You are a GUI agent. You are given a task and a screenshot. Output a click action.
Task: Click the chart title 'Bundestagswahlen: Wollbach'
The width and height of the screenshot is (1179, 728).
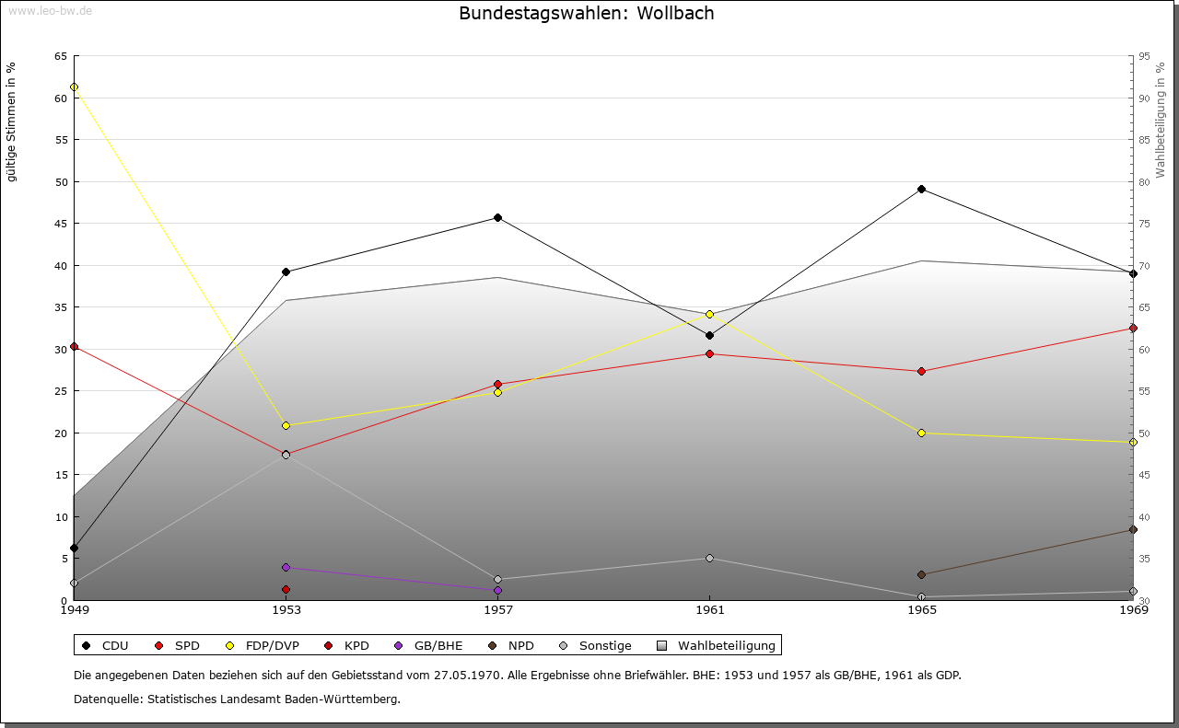[586, 13]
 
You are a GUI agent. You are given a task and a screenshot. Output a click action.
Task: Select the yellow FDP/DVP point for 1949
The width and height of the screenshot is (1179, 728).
[74, 87]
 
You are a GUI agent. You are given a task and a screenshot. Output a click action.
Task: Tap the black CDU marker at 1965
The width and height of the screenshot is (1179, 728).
[921, 190]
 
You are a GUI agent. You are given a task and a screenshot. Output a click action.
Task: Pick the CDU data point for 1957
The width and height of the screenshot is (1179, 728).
[497, 218]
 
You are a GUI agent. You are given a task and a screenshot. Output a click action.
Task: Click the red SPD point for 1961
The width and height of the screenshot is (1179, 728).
[709, 354]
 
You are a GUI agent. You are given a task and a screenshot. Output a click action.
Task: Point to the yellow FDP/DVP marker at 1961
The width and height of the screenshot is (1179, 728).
[709, 314]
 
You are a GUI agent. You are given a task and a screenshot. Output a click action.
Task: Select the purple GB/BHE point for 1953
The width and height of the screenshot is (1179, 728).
[286, 567]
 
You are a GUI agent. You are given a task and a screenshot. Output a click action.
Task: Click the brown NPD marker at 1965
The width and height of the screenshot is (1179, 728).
[921, 575]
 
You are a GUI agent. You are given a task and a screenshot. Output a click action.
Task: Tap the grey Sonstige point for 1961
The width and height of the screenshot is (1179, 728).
[709, 559]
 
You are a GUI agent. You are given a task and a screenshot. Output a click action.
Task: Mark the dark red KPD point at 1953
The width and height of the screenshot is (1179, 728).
[286, 589]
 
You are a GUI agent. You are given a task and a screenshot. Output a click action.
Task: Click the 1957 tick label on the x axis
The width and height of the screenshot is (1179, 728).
[497, 609]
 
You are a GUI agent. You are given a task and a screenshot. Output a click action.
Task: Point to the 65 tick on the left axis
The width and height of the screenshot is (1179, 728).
[60, 56]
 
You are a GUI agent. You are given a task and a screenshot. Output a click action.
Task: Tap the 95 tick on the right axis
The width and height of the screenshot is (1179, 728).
[1144, 56]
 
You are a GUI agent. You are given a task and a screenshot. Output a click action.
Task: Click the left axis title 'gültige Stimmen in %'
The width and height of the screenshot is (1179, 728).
[12, 121]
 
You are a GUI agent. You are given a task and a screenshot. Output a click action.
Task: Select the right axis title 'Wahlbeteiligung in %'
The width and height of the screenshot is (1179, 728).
[1161, 121]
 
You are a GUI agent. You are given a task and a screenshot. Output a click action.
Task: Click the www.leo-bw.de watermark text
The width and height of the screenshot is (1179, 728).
[49, 11]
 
